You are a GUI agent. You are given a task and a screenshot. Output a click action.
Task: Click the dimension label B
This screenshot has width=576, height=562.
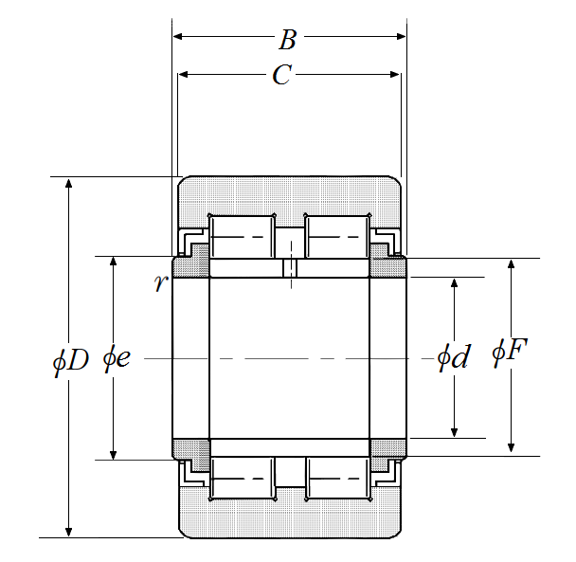[287, 40]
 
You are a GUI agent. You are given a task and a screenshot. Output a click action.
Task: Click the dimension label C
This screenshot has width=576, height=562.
[281, 75]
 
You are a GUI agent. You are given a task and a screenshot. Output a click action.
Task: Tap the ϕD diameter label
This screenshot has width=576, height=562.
[70, 361]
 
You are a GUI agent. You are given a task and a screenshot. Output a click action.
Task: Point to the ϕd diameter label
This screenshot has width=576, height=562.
[453, 356]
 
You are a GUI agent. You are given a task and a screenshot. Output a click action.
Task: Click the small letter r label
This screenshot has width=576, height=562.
[161, 283]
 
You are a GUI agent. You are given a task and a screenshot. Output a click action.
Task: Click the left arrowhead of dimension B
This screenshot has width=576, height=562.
[177, 36]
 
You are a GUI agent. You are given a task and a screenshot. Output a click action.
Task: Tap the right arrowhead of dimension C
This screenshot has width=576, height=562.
[395, 75]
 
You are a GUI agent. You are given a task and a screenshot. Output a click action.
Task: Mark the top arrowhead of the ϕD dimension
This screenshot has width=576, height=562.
[69, 183]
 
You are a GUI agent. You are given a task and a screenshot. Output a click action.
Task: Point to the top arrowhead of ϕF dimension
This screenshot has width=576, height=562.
[511, 264]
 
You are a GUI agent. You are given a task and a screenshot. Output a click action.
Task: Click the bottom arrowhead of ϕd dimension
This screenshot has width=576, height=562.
[455, 432]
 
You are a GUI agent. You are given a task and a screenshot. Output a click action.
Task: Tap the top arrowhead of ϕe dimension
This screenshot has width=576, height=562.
[114, 262]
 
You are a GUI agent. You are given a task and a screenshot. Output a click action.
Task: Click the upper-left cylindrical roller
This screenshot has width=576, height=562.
[242, 237]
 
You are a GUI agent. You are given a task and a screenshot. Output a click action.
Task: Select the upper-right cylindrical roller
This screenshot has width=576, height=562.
[337, 237]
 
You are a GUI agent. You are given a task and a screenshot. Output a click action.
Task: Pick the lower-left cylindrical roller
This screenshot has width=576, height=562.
[242, 479]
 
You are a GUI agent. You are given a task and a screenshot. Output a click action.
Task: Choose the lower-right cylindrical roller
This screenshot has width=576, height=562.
[337, 479]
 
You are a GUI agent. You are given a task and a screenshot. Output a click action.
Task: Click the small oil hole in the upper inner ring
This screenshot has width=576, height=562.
[290, 267]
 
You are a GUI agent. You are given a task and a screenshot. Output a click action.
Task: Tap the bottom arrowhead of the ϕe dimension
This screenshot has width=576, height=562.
[114, 454]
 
